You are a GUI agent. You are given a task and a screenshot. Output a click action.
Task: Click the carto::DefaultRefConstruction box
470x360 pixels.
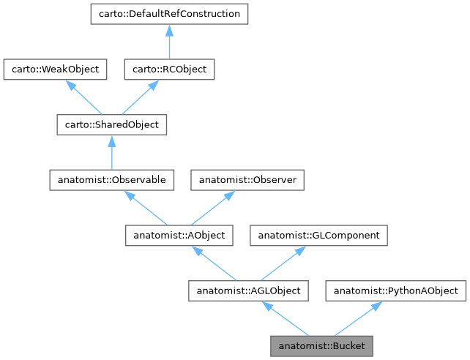(168, 14)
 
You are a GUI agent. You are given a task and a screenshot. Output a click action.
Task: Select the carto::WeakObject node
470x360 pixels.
(56, 70)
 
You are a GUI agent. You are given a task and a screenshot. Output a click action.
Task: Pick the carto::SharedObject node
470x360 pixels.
(112, 124)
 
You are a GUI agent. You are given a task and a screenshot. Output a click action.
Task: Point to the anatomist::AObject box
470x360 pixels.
(179, 236)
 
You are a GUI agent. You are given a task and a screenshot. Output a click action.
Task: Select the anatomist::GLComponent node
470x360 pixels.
(318, 236)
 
